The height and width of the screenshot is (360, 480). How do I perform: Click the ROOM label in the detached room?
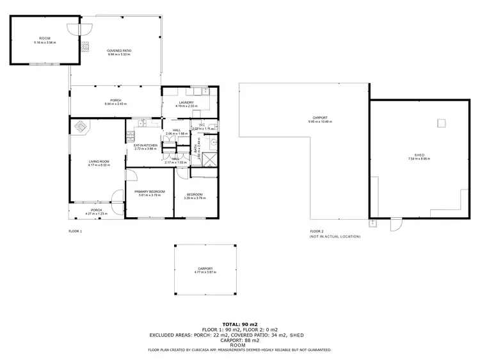pyautogui.click(x=45, y=39)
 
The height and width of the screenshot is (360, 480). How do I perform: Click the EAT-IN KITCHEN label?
pyautogui.click(x=145, y=145)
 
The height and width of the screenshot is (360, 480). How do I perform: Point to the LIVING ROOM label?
pyautogui.click(x=99, y=161)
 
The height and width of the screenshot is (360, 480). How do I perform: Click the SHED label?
pyautogui.click(x=420, y=154)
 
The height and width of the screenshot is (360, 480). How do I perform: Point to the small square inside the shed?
pyautogui.click(x=441, y=123)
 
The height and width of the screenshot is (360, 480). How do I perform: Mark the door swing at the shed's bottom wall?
pyautogui.click(x=396, y=224)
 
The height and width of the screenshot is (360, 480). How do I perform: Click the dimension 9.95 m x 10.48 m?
pyautogui.click(x=320, y=121)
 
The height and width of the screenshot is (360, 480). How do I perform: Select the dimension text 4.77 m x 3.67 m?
pyautogui.click(x=205, y=272)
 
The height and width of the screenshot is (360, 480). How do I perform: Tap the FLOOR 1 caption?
pyautogui.click(x=76, y=231)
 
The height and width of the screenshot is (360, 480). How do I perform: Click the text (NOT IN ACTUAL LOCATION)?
pyautogui.click(x=335, y=236)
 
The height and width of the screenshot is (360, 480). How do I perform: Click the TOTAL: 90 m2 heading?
pyautogui.click(x=240, y=325)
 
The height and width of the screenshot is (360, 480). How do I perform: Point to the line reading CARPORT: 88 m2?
pyautogui.click(x=240, y=340)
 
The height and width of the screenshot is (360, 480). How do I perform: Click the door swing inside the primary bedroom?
pyautogui.click(x=131, y=175)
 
